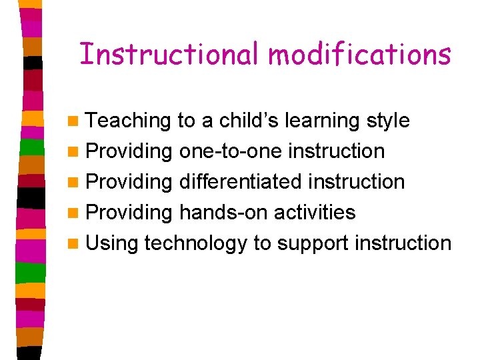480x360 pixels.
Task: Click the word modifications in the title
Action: click(360, 53)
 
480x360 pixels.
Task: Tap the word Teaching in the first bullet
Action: click(129, 121)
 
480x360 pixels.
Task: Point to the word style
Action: click(388, 121)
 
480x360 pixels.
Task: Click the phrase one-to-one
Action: click(231, 151)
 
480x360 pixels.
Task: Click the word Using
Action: click(112, 243)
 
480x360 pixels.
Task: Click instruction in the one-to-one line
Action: click(336, 151)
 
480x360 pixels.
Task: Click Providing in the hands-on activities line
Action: click(129, 213)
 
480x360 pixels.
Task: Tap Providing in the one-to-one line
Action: click(129, 151)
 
